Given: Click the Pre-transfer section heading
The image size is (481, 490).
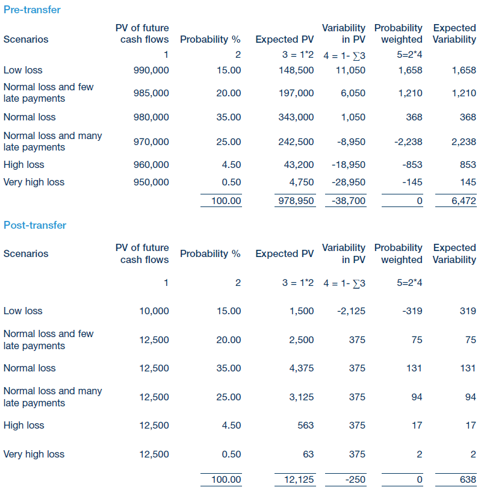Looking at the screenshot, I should click(x=32, y=10).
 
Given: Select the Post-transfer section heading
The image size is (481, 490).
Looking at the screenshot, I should click(x=35, y=225).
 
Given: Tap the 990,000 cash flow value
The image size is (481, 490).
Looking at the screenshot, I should click(x=151, y=70).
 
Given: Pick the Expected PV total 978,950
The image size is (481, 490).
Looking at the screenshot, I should click(x=296, y=201).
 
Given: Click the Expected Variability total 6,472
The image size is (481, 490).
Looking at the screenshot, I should click(x=464, y=201).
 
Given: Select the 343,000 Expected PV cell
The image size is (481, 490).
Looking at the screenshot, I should click(x=296, y=117).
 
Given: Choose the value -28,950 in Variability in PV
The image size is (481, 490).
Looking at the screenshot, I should click(x=349, y=182).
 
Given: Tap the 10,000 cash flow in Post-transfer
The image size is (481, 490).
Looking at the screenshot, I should click(x=154, y=311).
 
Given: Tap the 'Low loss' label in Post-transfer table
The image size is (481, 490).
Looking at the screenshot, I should click(x=23, y=311).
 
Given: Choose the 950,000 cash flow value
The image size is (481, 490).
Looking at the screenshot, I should click(x=151, y=182).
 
